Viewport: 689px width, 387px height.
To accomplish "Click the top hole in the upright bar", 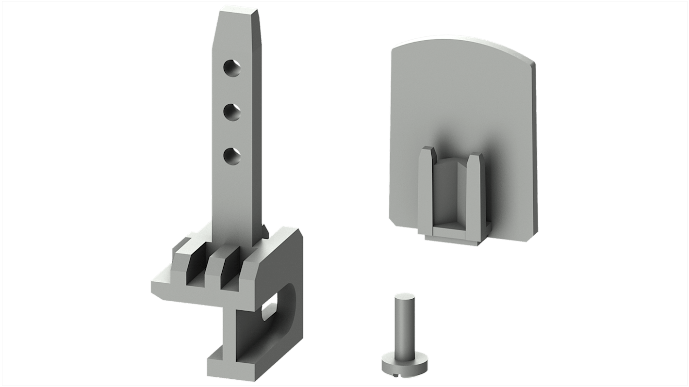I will [231, 68].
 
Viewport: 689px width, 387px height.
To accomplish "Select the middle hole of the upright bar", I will [231, 112].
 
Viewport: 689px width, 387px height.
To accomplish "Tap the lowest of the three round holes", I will [231, 156].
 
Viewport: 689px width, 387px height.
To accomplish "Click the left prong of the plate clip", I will [426, 184].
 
